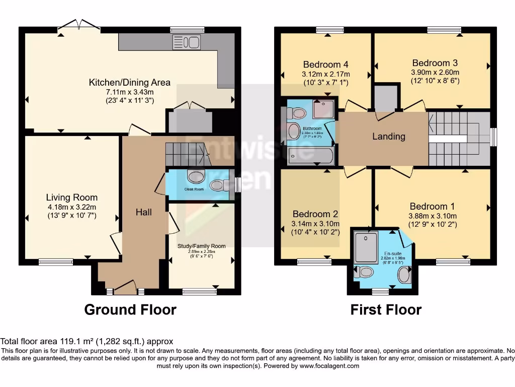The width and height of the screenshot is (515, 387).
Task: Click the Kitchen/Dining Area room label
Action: pyautogui.click(x=129, y=82)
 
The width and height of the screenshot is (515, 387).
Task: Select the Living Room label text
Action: pyautogui.click(x=71, y=197)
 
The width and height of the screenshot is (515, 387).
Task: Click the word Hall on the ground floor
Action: pyautogui.click(x=143, y=212)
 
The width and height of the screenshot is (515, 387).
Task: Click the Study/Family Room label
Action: pyautogui.click(x=201, y=246)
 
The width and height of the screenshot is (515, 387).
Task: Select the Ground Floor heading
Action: pyautogui.click(x=130, y=309)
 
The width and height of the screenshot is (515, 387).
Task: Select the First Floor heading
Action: pyautogui.click(x=386, y=309)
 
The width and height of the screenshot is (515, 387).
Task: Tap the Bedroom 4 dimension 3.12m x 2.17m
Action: pyautogui.click(x=325, y=74)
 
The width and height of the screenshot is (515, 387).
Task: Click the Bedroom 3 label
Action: pyautogui.click(x=435, y=63)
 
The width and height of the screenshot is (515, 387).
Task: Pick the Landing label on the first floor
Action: pyautogui.click(x=388, y=136)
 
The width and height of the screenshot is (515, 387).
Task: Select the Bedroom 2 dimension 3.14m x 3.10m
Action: pyautogui.click(x=315, y=224)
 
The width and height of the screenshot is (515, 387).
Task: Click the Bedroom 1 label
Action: pyautogui.click(x=432, y=206)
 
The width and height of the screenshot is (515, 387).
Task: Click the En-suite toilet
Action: pyautogui.click(x=364, y=273)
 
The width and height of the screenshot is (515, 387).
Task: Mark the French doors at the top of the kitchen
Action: pyautogui.click(x=78, y=26)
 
